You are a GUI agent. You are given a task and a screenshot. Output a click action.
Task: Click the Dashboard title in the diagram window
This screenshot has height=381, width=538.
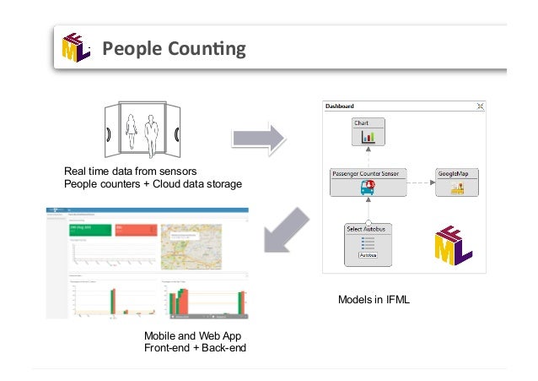[342, 106]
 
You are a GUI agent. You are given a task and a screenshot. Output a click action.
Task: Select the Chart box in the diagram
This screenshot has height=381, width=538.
[367, 132]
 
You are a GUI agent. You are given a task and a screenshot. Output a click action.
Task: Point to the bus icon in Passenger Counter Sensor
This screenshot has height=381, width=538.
[368, 188]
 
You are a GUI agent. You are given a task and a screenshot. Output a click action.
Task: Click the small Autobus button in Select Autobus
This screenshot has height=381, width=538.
[368, 254]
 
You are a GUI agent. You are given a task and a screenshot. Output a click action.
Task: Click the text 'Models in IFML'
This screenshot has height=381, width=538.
[374, 299]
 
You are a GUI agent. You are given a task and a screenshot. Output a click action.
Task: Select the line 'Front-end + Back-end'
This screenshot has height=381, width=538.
[195, 347]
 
